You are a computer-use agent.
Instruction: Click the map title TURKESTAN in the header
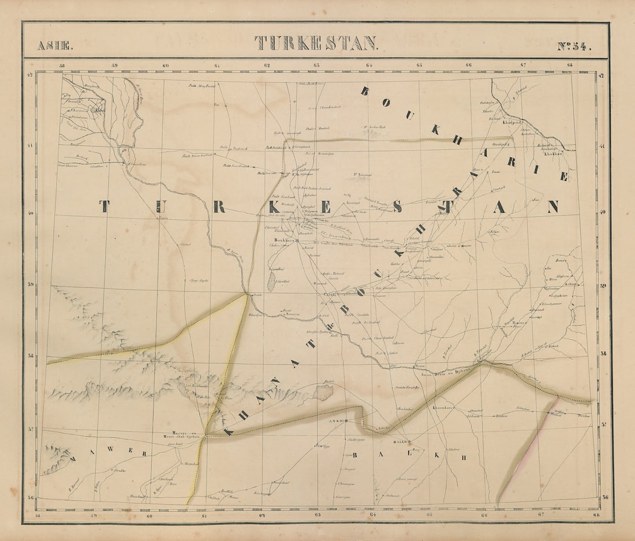[x=316, y=43]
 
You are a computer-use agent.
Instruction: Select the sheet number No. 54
[x=574, y=46]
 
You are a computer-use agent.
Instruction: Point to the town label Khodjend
[x=512, y=123]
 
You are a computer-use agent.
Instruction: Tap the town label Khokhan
[x=554, y=154]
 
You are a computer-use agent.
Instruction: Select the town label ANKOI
[x=336, y=421]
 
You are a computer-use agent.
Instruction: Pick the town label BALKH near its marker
[x=401, y=442]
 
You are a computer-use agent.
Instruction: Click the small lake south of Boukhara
[x=271, y=283]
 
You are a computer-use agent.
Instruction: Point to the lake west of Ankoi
[x=324, y=393]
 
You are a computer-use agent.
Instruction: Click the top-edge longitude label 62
[x=267, y=65]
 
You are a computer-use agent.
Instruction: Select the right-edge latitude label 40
[x=603, y=212]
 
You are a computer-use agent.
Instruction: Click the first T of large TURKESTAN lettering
[x=104, y=206]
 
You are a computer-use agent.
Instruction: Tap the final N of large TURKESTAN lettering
[x=553, y=206]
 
